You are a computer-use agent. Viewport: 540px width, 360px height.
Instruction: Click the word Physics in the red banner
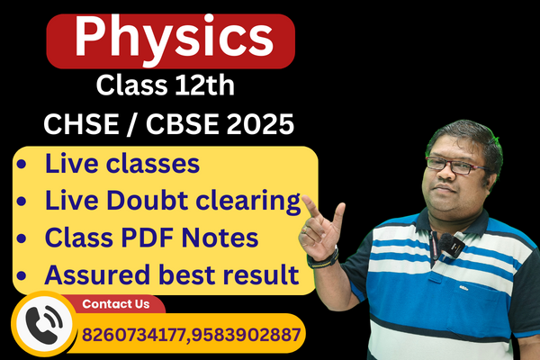[x=171, y=37]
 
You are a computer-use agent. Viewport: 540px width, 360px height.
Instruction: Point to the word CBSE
[x=175, y=125]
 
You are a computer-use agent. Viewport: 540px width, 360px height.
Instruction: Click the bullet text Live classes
[x=122, y=165]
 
